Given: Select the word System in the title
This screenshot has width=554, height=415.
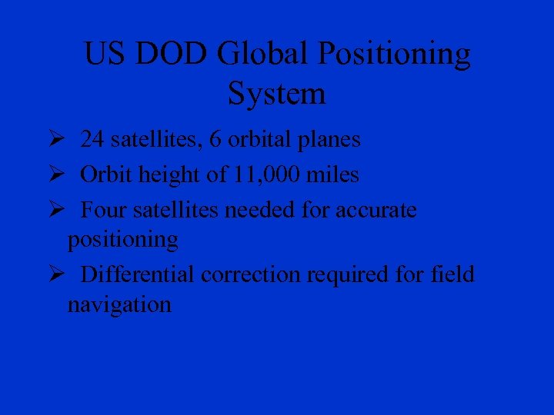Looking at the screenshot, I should point(277,95).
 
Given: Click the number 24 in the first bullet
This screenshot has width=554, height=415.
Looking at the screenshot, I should point(93,140).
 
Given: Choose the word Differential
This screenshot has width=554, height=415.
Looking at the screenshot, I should point(138,274).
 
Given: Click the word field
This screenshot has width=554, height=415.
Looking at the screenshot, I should point(453,274).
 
